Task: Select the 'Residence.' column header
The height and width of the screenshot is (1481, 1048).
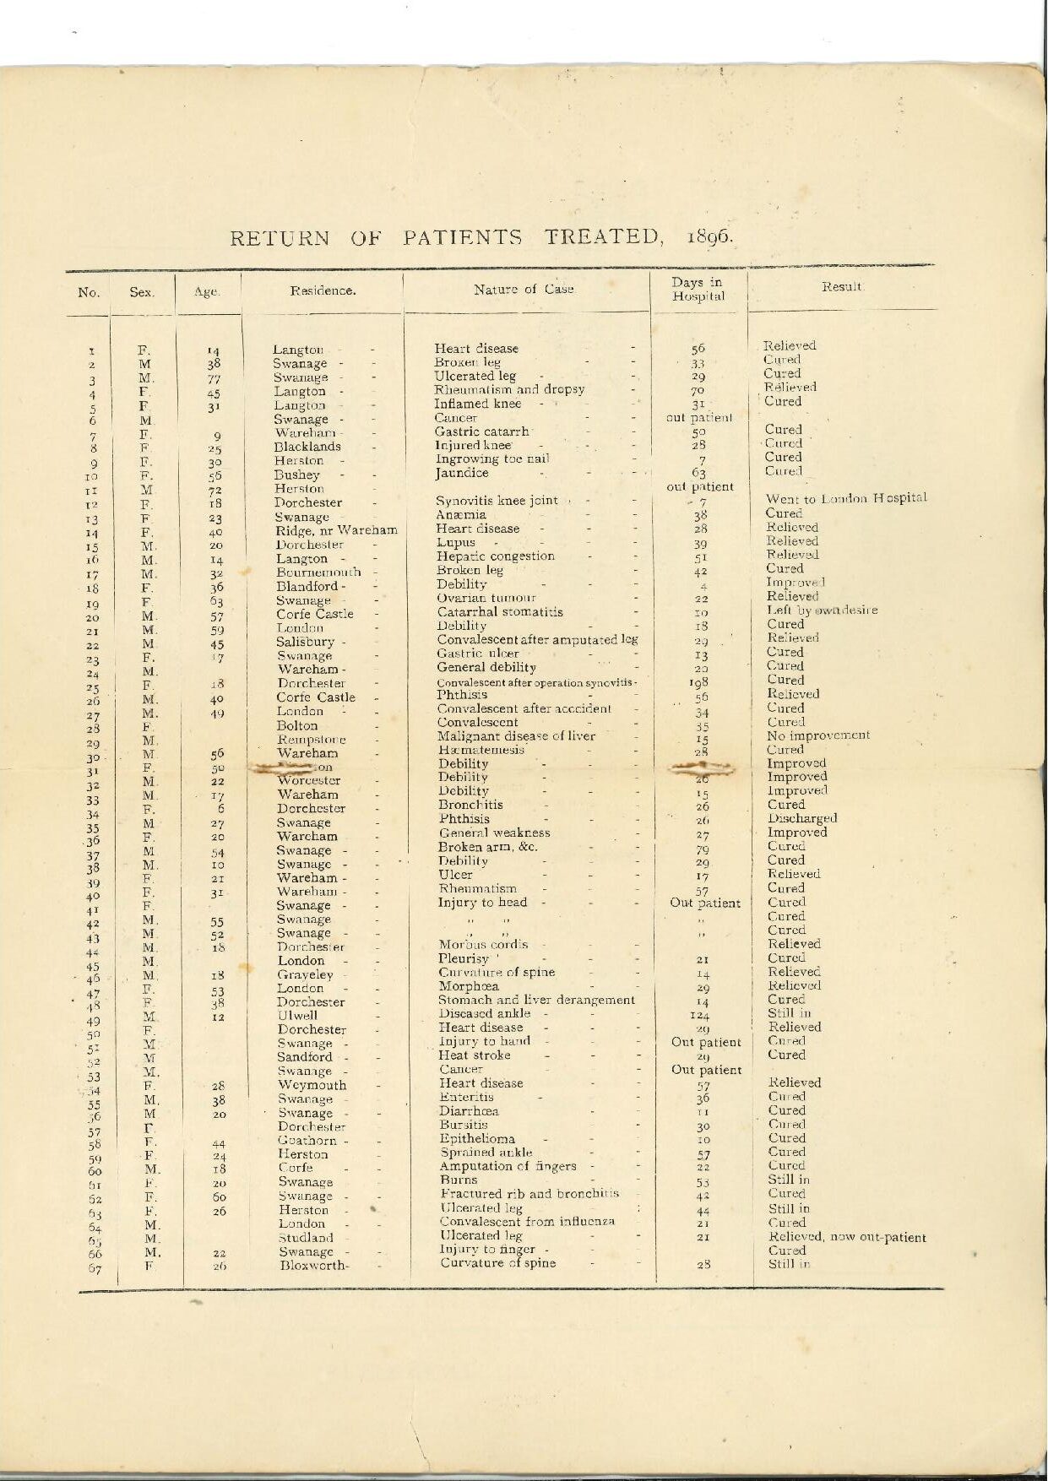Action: [x=323, y=291]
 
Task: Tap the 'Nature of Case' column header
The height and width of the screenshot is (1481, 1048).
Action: [x=524, y=290]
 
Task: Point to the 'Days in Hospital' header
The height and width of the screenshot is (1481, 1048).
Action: [x=698, y=289]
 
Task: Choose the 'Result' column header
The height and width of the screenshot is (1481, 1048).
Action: [x=841, y=287]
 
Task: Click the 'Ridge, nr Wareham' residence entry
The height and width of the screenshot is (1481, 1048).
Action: [x=336, y=531]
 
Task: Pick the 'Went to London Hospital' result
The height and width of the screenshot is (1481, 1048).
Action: [x=845, y=498]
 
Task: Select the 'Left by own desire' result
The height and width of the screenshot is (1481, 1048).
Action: [x=822, y=610]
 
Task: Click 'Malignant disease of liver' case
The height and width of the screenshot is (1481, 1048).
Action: [x=516, y=736]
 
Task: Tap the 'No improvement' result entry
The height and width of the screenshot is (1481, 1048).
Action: [x=818, y=735]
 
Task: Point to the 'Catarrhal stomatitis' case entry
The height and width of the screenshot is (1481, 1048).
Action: [x=500, y=612]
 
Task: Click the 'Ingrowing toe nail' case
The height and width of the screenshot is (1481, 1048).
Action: [x=492, y=459]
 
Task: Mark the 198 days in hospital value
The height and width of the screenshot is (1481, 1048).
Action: [x=698, y=682]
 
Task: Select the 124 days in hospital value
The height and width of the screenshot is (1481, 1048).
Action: [x=698, y=1015]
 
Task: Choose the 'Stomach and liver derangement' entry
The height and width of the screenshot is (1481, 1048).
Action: [x=536, y=1001]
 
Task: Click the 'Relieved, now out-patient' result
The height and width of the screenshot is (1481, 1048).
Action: [x=846, y=1238]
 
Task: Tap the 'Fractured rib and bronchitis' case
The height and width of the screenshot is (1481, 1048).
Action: [x=529, y=1194]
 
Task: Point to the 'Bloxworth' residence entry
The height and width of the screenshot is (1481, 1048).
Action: [x=313, y=1265]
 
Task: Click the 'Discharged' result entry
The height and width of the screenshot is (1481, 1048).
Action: [x=802, y=818]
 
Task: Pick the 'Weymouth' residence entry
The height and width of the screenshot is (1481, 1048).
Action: [x=312, y=1085]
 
